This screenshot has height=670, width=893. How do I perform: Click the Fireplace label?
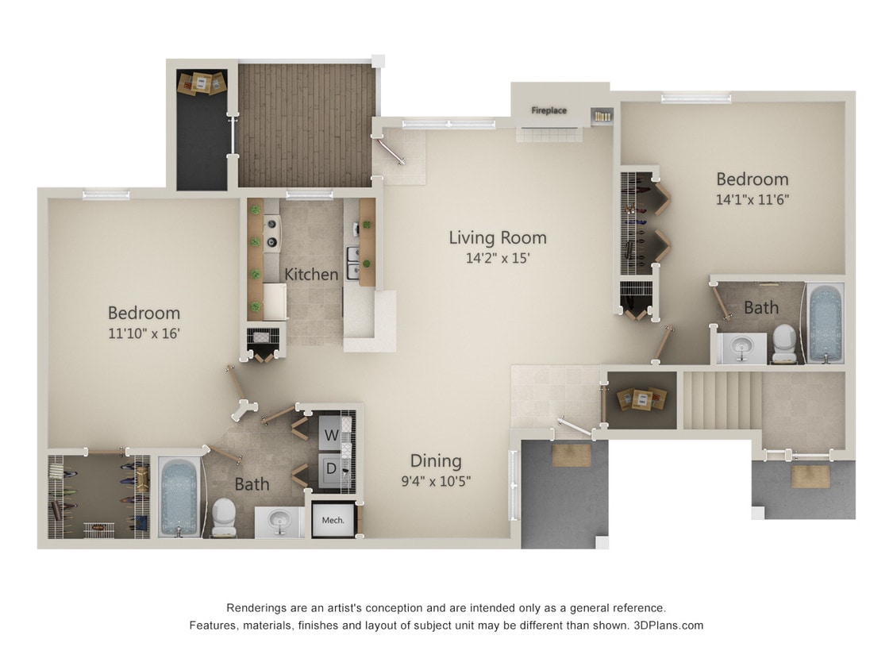click(549, 110)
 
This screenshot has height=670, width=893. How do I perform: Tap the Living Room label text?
click(498, 237)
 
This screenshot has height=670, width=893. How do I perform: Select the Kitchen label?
click(311, 274)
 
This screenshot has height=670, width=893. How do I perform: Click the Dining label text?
click(436, 460)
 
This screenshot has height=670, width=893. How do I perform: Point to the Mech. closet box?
click(333, 520)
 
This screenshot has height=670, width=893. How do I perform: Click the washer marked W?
click(330, 435)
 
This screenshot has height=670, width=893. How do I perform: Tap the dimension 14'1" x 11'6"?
click(752, 200)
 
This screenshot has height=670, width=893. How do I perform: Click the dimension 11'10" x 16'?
click(144, 334)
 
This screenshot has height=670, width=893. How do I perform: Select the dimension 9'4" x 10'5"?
click(436, 480)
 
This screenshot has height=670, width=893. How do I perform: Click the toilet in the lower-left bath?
click(223, 515)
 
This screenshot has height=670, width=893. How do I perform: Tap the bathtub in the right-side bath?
click(826, 324)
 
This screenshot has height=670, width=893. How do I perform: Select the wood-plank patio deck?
click(306, 125)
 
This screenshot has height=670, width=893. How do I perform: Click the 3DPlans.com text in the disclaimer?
click(668, 626)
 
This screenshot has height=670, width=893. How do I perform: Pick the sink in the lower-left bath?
click(279, 522)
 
